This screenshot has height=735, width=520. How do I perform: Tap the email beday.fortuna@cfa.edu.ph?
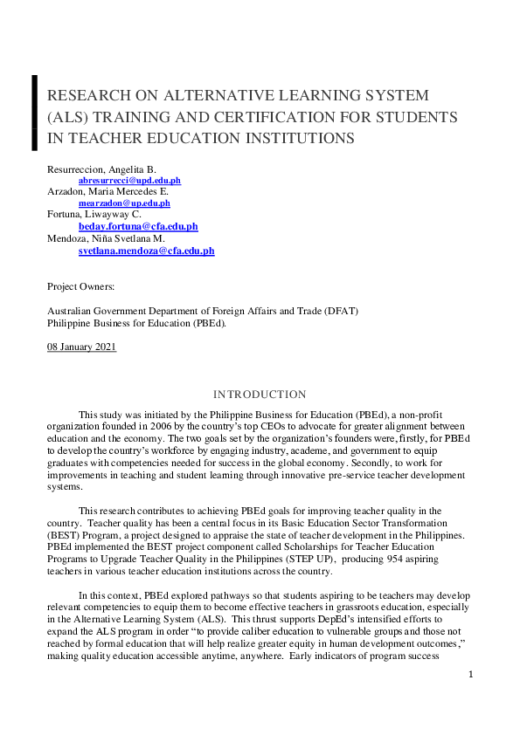pos(138,226)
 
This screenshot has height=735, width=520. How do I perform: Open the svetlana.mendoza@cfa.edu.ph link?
pos(146,251)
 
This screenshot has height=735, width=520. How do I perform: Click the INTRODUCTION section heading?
pos(260,395)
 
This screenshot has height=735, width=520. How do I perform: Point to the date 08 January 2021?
pos(81,347)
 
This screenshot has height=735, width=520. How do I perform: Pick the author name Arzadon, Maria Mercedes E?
pos(107,191)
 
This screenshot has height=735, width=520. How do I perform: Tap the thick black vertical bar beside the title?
pos(34,113)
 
